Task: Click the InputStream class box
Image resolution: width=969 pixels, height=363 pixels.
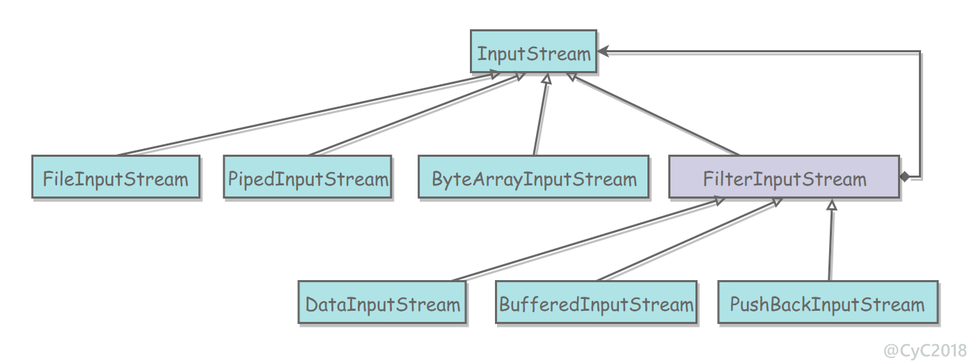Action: [x=533, y=51]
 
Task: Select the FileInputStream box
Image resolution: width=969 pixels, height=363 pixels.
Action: [x=116, y=177]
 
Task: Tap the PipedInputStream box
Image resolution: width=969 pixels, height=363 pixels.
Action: [x=308, y=177]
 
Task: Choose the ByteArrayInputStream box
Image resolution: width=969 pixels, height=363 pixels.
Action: [x=533, y=177]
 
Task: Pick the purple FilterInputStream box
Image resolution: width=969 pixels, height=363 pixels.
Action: [x=785, y=177]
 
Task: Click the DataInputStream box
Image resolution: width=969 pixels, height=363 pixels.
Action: [x=382, y=302]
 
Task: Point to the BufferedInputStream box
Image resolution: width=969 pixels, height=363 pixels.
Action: [x=596, y=302]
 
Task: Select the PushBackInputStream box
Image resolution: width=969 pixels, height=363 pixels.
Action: [x=828, y=302]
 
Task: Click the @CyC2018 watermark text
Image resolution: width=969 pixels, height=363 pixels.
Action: [x=924, y=350]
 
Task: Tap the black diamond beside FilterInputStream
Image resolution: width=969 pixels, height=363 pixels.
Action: [x=904, y=177]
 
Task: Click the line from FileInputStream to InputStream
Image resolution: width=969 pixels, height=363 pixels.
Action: [x=308, y=114]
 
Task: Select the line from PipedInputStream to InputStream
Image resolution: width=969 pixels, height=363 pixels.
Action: [x=417, y=114]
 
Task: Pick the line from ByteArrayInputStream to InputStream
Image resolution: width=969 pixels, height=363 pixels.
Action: [x=541, y=114]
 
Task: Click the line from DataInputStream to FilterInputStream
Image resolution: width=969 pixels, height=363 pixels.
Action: [x=588, y=240]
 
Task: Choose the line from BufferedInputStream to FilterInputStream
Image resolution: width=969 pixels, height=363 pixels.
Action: [x=690, y=240]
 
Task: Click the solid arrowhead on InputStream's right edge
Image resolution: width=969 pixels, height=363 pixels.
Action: [x=603, y=51]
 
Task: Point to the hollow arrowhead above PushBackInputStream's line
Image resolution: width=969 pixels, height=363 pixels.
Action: [x=831, y=204]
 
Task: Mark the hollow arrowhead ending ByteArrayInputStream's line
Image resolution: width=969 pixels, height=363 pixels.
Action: [x=546, y=79]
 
